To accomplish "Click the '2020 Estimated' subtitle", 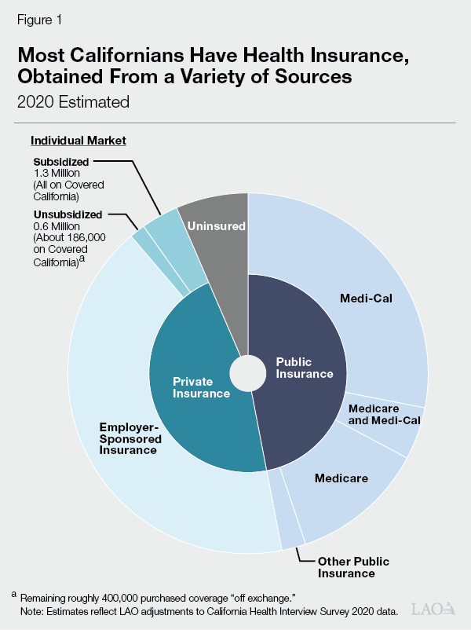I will (x=73, y=101).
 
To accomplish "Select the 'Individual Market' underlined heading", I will (x=78, y=141).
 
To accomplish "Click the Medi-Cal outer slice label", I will (x=366, y=298).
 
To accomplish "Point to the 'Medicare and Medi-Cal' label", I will (x=385, y=415).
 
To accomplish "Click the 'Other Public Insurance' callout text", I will (x=353, y=567).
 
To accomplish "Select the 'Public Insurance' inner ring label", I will (x=305, y=368).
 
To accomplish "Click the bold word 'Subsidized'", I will (x=58, y=163).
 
